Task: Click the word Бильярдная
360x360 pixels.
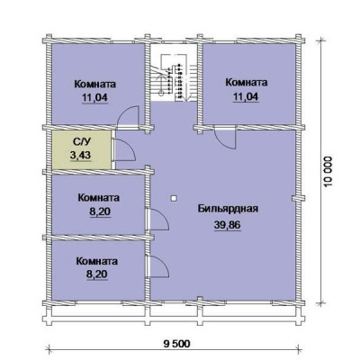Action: tap(228, 209)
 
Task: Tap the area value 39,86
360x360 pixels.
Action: tap(228, 224)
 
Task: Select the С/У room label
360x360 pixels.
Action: tap(80, 141)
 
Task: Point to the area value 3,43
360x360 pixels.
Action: tap(80, 156)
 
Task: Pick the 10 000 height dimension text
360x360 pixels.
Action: tap(328, 171)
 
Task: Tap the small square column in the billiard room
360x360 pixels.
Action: tap(174, 198)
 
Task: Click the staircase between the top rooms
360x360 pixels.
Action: tap(174, 78)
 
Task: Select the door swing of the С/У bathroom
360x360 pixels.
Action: tap(125, 150)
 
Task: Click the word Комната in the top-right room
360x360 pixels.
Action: tap(247, 82)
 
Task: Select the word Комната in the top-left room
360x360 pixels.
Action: tap(95, 84)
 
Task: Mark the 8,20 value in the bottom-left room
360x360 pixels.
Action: tap(97, 274)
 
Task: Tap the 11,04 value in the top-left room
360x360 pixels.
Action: tap(94, 97)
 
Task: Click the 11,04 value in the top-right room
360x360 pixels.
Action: tap(246, 96)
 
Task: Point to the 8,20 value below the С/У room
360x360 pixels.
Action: tap(100, 211)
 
